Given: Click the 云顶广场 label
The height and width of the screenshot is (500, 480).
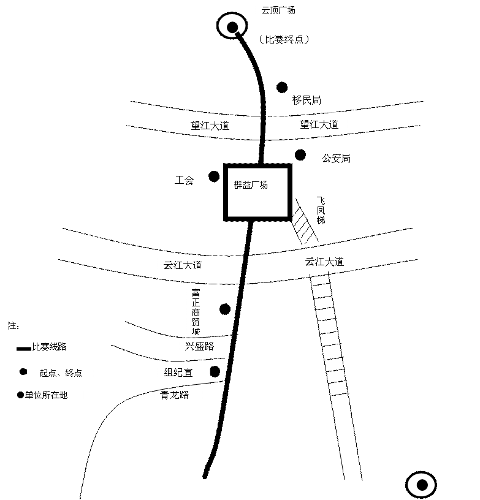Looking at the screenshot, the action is click(x=278, y=10).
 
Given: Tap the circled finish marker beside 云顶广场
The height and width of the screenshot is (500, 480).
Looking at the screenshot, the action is click(x=232, y=26).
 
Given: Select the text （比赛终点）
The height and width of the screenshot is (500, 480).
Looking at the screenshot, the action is click(x=284, y=40).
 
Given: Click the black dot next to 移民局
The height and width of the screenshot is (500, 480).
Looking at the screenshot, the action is click(x=282, y=88).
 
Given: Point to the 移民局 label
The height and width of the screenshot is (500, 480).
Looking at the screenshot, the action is click(x=307, y=100).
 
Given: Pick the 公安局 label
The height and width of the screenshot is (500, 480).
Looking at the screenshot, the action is click(x=336, y=158).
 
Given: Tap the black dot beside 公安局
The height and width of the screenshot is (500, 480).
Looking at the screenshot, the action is click(x=300, y=155).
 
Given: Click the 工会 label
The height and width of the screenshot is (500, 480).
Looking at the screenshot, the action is click(x=184, y=181).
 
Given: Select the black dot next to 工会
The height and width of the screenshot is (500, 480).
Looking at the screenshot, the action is click(x=214, y=176).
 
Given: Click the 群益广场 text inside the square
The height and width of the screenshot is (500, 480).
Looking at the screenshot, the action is click(x=251, y=185).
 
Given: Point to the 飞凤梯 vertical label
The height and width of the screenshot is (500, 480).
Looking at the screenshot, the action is click(x=321, y=210).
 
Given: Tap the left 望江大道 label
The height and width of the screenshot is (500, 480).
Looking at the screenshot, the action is click(x=210, y=126).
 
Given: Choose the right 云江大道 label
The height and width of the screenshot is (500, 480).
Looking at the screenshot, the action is click(x=324, y=262).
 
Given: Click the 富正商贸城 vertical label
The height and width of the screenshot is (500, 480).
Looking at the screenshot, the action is click(x=196, y=311).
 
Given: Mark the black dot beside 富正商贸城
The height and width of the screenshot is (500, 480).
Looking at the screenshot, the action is click(x=225, y=309).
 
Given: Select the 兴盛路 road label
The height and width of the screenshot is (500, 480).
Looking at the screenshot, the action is click(x=199, y=346).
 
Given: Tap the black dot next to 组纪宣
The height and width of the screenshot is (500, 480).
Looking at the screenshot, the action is click(x=215, y=371).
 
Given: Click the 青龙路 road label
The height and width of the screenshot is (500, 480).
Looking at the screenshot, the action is click(x=175, y=395).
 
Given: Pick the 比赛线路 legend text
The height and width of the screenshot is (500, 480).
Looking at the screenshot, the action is click(x=49, y=347).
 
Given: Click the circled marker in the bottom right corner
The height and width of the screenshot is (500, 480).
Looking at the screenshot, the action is click(x=421, y=485).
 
